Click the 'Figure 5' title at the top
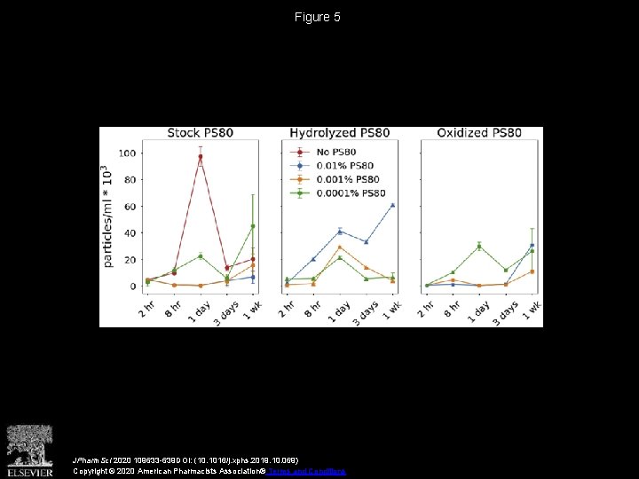pos(319,17)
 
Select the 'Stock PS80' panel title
pos(201,134)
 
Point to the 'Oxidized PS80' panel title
pos(479,134)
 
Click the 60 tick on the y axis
pos(130,207)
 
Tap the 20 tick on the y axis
pos(130,260)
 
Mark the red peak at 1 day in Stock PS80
pos(201,157)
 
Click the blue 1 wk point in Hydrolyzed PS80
pos(392,205)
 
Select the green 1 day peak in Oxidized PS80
pos(479,246)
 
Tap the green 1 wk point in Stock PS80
pos(253,226)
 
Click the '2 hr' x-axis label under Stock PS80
pos(146,310)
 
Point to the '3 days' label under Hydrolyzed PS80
pos(361,313)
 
